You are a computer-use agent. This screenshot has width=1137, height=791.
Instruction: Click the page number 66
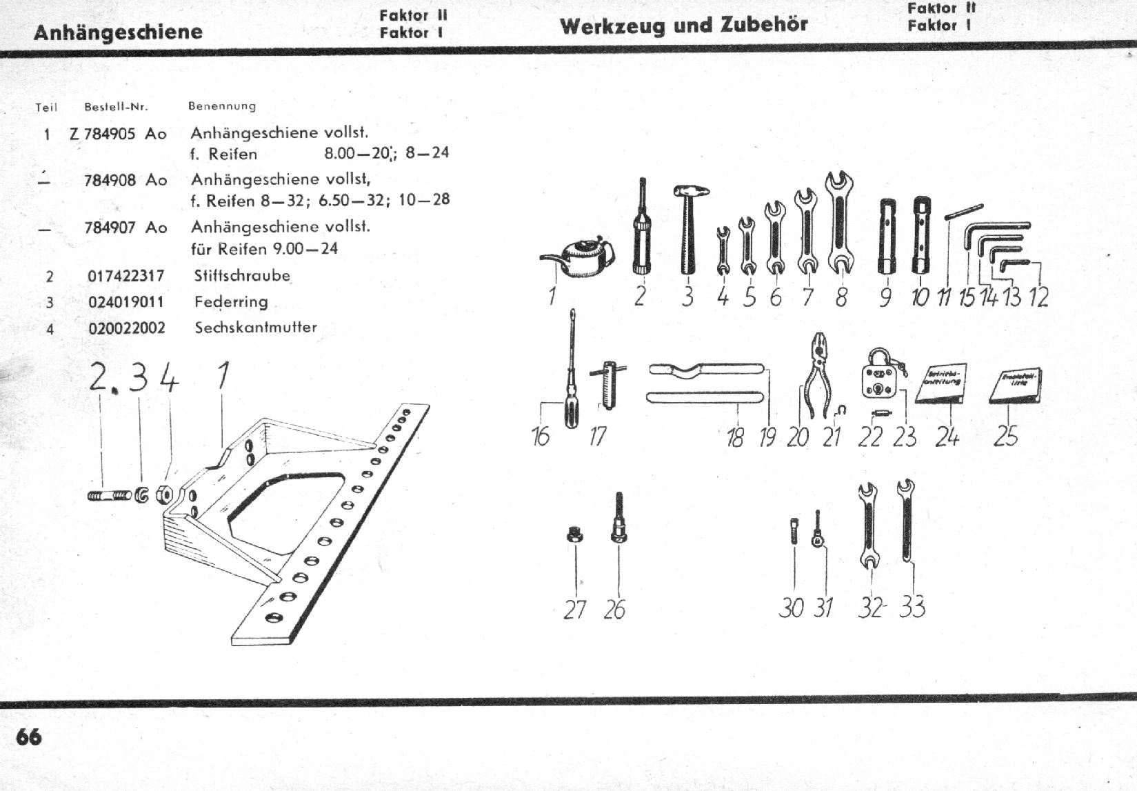click(x=29, y=737)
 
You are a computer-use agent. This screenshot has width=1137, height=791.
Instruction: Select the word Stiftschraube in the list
click(x=242, y=276)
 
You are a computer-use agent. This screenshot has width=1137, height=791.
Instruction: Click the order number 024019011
click(x=126, y=302)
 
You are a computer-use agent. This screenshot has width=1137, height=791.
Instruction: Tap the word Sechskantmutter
click(x=256, y=328)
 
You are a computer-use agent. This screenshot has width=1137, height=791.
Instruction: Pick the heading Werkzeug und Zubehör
click(x=684, y=26)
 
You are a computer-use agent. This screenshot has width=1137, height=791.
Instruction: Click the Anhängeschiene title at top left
click(x=118, y=32)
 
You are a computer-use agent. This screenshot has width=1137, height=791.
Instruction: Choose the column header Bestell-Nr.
click(x=116, y=107)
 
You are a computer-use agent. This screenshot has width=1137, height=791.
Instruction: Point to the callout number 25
click(x=1006, y=437)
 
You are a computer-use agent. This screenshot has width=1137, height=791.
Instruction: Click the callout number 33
click(x=912, y=608)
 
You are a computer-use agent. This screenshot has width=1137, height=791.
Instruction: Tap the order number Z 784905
click(x=103, y=134)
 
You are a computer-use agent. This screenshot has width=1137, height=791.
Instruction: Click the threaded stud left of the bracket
click(x=110, y=495)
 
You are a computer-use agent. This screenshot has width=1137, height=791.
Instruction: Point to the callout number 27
click(x=574, y=610)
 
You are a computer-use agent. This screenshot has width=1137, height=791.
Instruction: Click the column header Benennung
click(x=222, y=106)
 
